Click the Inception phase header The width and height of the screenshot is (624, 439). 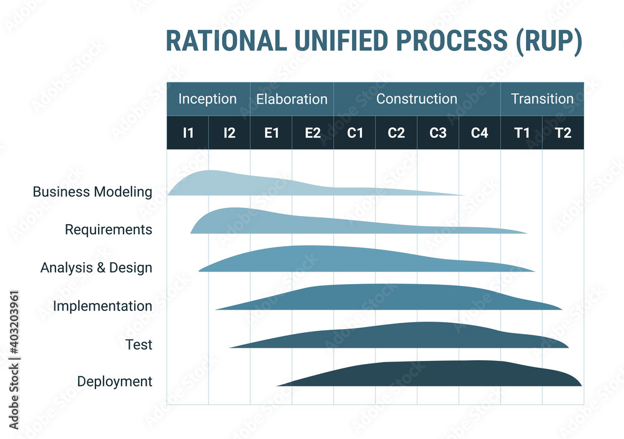[x=208, y=99]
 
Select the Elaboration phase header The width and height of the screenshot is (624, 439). [x=291, y=99]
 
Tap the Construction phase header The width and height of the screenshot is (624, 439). [x=417, y=99]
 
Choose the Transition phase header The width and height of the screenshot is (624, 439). [x=542, y=99]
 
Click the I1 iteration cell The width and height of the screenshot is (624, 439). [x=188, y=132]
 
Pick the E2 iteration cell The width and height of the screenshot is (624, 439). [x=313, y=132]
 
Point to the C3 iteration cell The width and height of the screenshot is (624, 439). [x=438, y=132]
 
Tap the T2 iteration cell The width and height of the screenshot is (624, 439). [x=563, y=132]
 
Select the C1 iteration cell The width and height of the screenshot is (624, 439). [x=354, y=132]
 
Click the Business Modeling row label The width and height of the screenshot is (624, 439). [x=92, y=192]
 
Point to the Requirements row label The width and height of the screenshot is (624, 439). [x=109, y=230]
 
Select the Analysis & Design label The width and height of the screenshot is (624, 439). [x=96, y=268]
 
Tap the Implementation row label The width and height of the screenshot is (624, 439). [x=102, y=306]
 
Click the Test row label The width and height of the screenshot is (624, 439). [x=139, y=344]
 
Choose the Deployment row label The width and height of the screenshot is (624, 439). [x=115, y=382]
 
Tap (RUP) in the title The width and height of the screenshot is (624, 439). [x=548, y=41]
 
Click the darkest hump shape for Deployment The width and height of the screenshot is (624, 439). [x=437, y=375]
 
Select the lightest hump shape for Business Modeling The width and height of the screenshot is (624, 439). [x=250, y=184]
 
